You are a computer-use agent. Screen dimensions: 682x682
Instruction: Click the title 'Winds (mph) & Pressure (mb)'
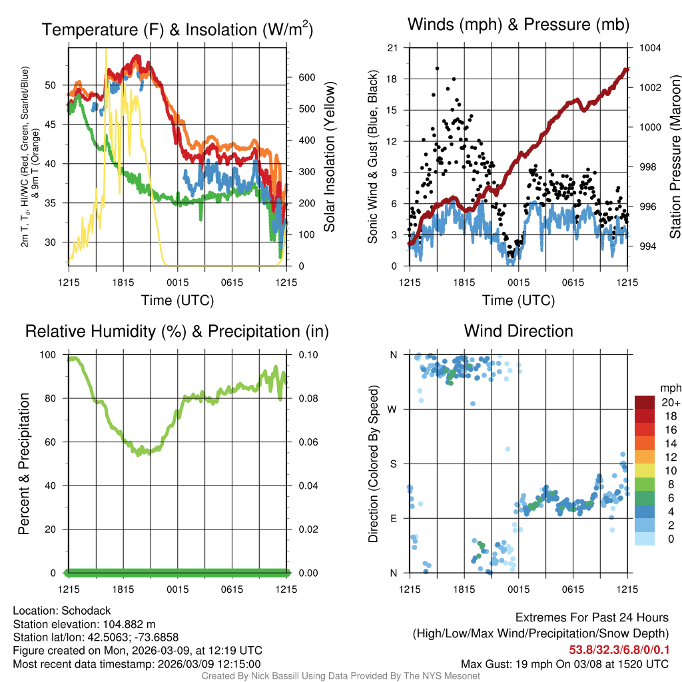coord(518,25)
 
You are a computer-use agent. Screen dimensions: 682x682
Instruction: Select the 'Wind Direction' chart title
coord(518,331)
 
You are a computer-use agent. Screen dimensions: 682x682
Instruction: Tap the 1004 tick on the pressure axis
coord(649,48)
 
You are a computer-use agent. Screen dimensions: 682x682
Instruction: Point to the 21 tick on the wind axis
coord(392,48)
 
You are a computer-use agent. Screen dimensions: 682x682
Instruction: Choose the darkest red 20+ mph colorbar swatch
coord(644,402)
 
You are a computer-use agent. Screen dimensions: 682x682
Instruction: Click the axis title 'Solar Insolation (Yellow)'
coord(329,157)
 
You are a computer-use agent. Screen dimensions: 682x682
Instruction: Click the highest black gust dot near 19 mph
coord(437,68)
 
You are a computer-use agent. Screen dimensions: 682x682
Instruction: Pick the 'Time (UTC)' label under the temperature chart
coord(177,300)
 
